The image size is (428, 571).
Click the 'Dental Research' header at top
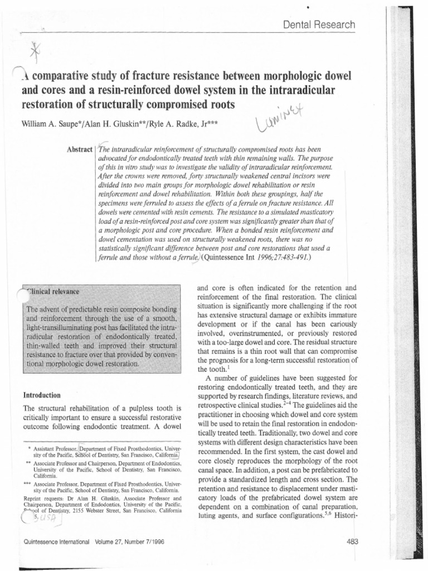coord(319,25)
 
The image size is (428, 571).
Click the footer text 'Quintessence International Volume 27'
coord(91,541)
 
